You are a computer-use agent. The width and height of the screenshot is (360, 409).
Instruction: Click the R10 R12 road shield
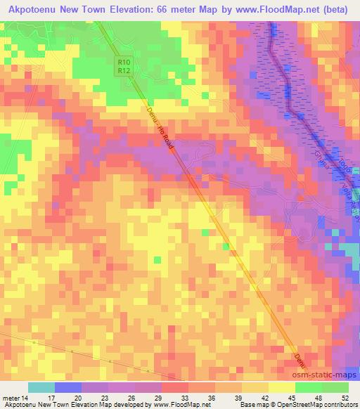click(123, 66)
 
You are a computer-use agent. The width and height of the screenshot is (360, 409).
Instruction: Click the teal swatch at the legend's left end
click(41, 387)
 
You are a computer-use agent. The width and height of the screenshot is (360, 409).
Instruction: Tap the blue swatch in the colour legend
click(68, 387)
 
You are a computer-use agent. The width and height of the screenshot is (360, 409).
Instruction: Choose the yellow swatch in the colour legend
click(281, 387)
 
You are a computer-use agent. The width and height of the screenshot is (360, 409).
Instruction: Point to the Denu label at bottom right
click(299, 358)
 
